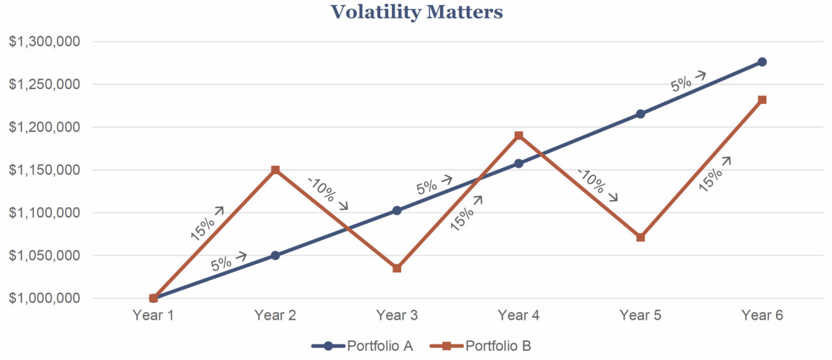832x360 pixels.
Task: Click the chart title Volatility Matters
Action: (416, 12)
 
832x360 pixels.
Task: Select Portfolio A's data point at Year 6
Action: (762, 62)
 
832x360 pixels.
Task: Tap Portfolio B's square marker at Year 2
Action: (275, 170)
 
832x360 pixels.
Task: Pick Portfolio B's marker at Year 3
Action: (396, 268)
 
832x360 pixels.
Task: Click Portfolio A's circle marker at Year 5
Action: (640, 114)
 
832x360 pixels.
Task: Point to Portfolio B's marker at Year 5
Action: (640, 237)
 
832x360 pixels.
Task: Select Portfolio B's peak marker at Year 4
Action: (519, 135)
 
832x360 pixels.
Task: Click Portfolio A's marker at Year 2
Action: (275, 255)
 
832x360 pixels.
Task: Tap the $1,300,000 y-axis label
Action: (44, 42)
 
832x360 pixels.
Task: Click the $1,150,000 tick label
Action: (44, 170)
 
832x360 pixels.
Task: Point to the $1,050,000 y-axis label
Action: (44, 255)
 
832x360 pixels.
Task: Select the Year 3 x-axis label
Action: (396, 316)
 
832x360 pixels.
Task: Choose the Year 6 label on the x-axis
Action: (762, 316)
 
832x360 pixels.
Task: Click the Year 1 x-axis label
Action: (153, 316)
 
